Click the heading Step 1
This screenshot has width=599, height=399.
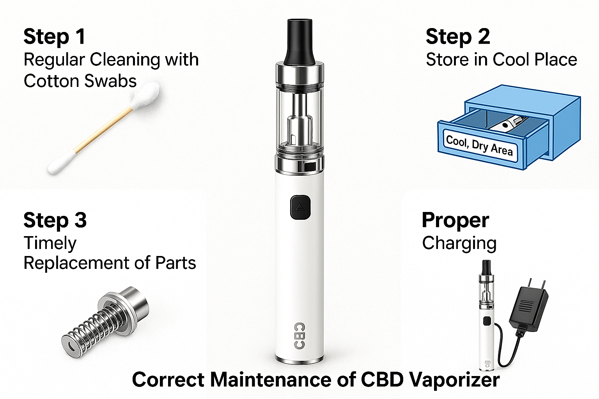54,37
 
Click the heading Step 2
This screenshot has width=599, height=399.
457,37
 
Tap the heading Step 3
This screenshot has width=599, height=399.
55,221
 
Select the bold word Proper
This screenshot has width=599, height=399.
455,221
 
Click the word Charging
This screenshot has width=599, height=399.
459,244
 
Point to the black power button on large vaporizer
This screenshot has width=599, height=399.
300,207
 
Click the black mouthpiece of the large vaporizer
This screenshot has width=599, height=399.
299,41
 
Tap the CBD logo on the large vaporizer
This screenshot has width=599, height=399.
299,335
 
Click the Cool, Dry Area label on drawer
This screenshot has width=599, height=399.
479,145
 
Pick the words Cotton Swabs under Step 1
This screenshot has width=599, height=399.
80,81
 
